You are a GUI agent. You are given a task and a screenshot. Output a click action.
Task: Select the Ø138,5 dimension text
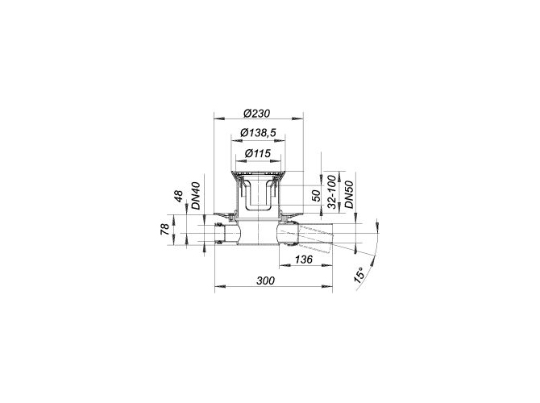pyautogui.click(x=258, y=133)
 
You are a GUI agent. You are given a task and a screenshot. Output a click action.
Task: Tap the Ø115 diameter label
pyautogui.click(x=258, y=153)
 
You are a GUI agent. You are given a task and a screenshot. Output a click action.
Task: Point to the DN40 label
pyautogui.click(x=196, y=196)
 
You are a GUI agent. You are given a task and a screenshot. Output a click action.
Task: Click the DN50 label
pyautogui.click(x=349, y=194)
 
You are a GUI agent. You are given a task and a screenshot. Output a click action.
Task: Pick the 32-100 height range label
pyautogui.click(x=331, y=192)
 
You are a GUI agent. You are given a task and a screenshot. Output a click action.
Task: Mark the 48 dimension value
pyautogui.click(x=178, y=196)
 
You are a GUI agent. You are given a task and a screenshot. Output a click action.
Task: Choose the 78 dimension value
pyautogui.click(x=164, y=229)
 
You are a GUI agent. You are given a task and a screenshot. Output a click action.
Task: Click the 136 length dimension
pyautogui.click(x=303, y=259)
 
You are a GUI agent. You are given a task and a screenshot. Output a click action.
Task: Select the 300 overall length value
pyautogui.click(x=265, y=280)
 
